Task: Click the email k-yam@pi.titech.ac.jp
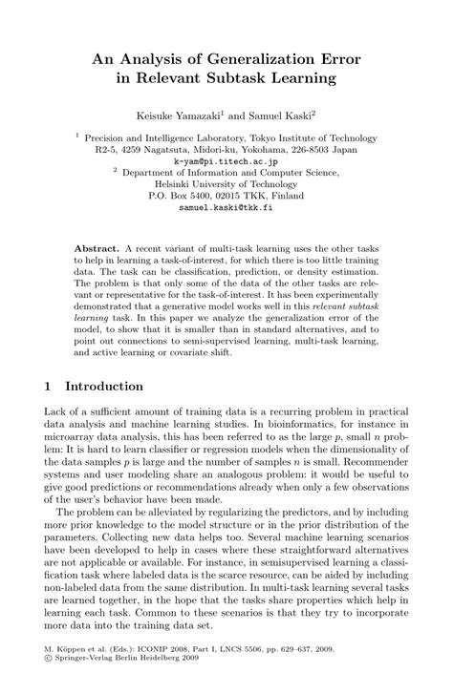point(226,162)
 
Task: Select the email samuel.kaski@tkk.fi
point(226,205)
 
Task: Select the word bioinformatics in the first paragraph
point(328,394)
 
